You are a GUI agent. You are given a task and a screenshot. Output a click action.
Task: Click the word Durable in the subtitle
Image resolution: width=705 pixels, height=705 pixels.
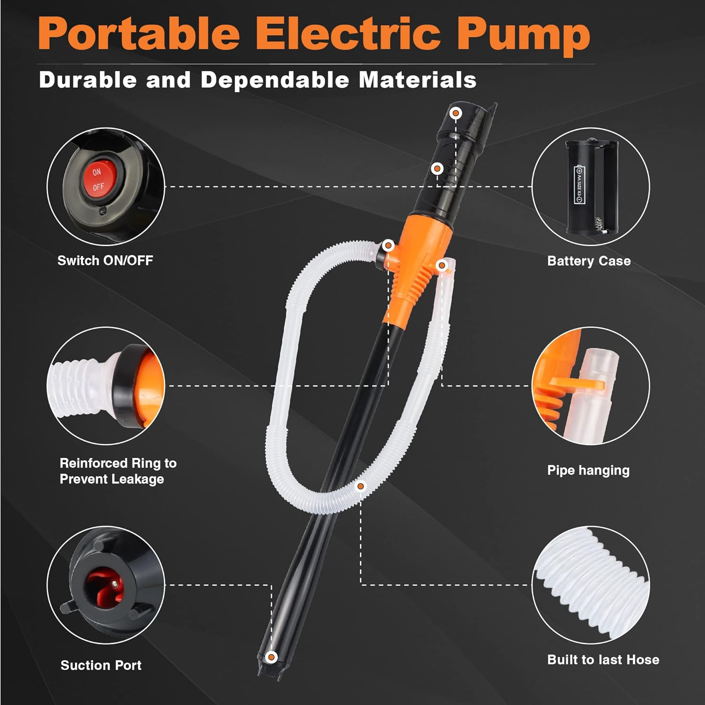[x=88, y=80]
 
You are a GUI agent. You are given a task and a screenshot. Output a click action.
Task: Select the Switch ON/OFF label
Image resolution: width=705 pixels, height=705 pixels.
[x=105, y=260]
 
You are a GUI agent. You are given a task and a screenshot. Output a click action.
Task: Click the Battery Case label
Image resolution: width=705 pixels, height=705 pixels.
[x=589, y=261]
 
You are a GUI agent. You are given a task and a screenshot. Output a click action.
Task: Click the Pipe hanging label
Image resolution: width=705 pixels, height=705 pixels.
[x=588, y=470]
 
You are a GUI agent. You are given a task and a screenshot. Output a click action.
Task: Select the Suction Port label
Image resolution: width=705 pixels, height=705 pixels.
[x=101, y=665]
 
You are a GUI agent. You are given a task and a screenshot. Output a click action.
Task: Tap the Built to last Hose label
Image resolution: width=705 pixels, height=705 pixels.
[x=603, y=659]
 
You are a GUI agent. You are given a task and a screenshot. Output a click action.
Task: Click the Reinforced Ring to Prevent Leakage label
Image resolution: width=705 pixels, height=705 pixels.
[x=117, y=471]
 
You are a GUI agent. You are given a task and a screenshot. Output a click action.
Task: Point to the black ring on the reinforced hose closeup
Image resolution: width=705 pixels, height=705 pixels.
[x=127, y=385]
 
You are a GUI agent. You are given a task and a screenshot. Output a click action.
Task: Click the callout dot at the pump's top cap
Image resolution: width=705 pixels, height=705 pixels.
[x=455, y=113]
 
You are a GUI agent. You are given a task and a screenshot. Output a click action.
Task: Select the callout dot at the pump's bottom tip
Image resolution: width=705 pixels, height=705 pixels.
[x=271, y=657]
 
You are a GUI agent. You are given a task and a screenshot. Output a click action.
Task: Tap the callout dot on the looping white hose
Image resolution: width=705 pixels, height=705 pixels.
[x=360, y=486]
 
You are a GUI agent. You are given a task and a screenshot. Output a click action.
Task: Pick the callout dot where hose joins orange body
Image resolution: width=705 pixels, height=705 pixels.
[x=388, y=245]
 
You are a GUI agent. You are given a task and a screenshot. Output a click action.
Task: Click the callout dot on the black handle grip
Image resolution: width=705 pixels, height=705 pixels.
[x=437, y=169]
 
